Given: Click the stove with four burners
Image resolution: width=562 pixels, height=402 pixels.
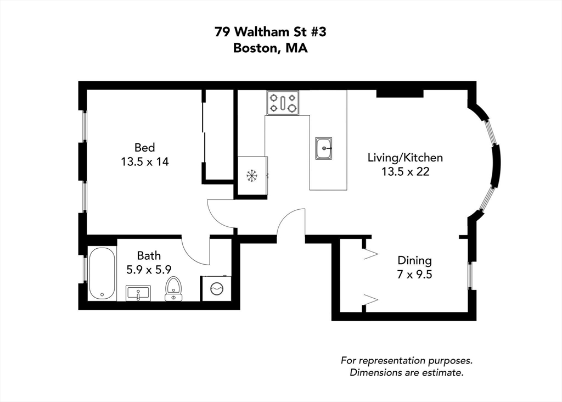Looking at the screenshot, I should click(x=283, y=103).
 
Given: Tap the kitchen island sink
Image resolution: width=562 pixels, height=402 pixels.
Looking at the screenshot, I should click(x=324, y=148).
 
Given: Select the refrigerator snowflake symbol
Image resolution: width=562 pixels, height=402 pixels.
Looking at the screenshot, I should click(x=252, y=176).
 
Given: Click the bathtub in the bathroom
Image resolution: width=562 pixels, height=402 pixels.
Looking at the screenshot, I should click(x=102, y=273).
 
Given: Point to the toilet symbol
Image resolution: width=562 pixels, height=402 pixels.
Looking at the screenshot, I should click(x=173, y=288).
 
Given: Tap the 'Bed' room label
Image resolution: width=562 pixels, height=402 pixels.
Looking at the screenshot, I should click(x=145, y=147).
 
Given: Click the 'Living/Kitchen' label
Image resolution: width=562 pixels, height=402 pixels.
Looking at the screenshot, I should click(x=405, y=158).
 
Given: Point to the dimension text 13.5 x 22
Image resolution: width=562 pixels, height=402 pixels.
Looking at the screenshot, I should click(x=405, y=171).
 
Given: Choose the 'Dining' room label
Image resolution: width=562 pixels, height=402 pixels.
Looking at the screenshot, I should click(x=414, y=260).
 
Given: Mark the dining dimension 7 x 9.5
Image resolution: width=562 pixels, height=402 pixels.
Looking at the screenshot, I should click(x=414, y=274).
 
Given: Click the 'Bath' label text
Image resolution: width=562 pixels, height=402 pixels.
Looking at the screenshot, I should click(x=149, y=255).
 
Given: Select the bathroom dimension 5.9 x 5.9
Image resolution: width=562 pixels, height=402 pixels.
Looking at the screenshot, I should click(x=149, y=269).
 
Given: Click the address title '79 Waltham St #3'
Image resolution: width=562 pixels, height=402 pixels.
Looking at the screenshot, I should click(x=271, y=32).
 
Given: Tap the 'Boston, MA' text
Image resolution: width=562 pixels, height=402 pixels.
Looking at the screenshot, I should click(x=271, y=48).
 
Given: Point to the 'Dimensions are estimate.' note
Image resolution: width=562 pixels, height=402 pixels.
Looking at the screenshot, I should click(x=407, y=373).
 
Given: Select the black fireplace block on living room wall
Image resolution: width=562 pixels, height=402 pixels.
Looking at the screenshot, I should click(x=400, y=93).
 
